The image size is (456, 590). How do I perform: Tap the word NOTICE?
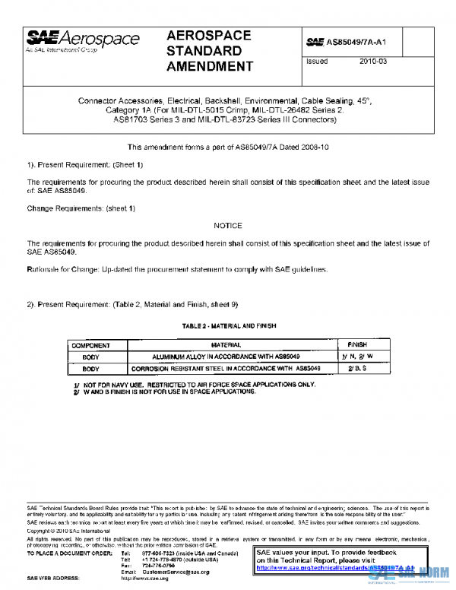click(x=228, y=226)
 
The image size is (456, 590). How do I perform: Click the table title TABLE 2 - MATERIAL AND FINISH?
click(x=229, y=325)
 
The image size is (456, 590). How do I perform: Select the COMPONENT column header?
click(x=91, y=345)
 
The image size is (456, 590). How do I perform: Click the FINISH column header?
click(x=357, y=345)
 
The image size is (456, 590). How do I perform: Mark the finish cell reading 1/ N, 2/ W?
click(x=357, y=356)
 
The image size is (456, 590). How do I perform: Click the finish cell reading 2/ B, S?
click(x=357, y=368)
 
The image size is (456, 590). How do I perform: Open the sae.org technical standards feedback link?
click(x=334, y=567)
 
